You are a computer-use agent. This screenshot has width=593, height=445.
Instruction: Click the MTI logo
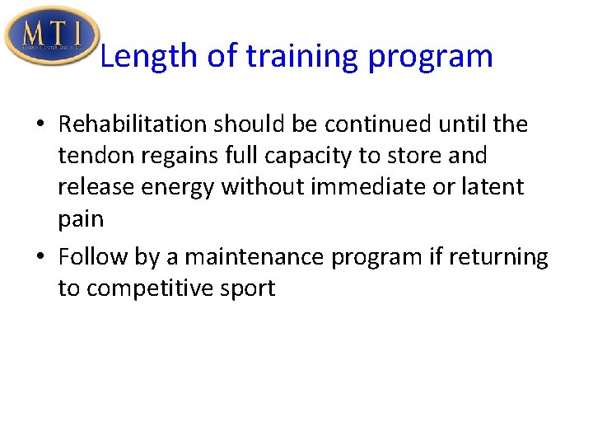(x=51, y=35)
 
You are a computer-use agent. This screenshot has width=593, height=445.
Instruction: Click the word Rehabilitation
(x=133, y=124)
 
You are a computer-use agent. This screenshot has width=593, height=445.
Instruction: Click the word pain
(x=80, y=219)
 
